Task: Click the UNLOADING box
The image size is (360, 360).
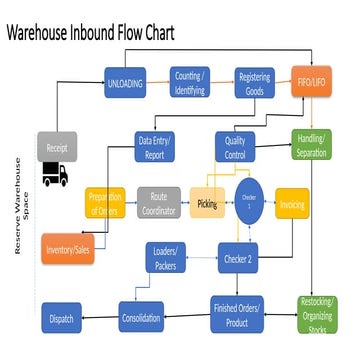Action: click(126, 81)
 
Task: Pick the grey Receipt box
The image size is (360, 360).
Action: click(58, 146)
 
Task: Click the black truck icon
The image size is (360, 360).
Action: click(55, 175)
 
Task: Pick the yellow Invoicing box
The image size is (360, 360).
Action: click(291, 203)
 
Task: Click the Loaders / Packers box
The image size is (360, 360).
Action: click(165, 259)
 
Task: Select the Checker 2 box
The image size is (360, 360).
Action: click(237, 259)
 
